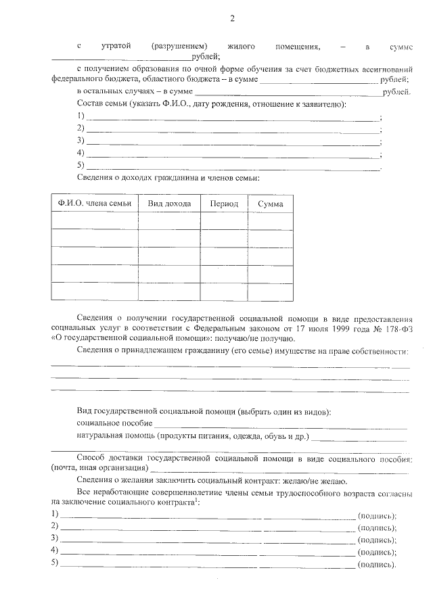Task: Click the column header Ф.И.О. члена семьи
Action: [95, 204]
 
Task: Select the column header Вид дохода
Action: [169, 204]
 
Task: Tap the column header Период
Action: [224, 204]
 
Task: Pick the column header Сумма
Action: [271, 204]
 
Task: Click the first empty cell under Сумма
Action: [271, 221]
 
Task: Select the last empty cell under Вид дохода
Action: [169, 291]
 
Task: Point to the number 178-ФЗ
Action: [394, 328]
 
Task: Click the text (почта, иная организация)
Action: [99, 468]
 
